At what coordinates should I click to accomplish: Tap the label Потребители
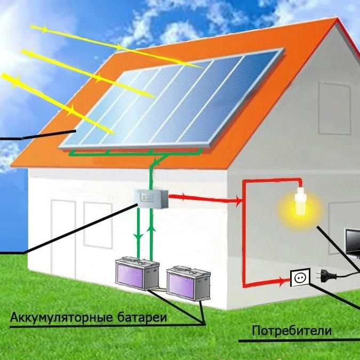292,331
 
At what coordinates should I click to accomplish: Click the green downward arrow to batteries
139,234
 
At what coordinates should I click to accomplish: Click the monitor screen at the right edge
353,243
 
